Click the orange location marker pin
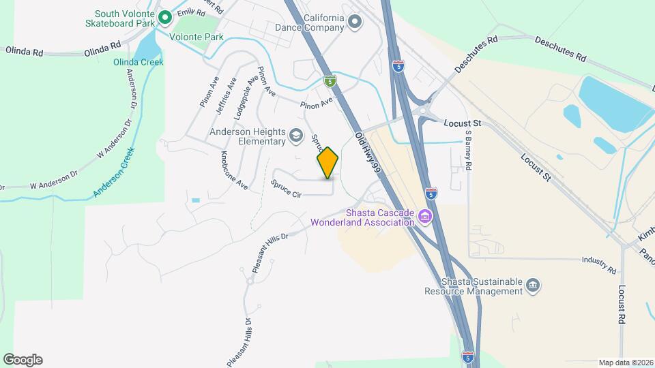(328, 162)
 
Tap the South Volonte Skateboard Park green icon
(164, 17)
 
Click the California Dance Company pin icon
(354, 22)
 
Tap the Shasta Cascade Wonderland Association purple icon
(425, 217)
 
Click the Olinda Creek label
(139, 62)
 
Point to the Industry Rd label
(598, 260)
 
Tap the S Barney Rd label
(468, 151)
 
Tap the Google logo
(23, 360)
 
